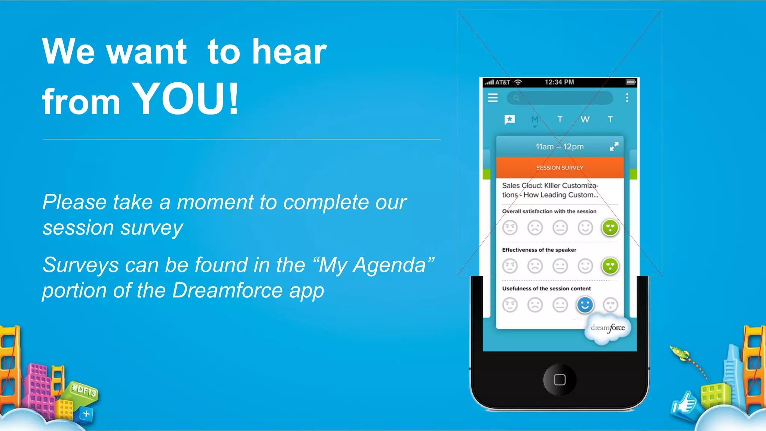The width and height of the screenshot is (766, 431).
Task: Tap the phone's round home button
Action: tap(560, 380)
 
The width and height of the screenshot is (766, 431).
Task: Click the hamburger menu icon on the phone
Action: tap(493, 98)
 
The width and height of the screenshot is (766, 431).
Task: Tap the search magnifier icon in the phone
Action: tap(516, 98)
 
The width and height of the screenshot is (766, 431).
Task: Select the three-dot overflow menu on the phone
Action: tap(627, 98)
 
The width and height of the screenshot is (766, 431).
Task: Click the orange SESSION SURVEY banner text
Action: tap(560, 168)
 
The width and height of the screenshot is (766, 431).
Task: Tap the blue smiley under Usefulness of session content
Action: tap(585, 305)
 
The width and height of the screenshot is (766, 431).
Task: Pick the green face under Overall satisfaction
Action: tap(610, 227)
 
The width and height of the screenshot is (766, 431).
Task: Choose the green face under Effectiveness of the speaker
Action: tap(610, 266)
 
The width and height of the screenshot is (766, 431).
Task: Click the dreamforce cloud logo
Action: tap(608, 328)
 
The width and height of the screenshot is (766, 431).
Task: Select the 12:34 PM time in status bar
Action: tap(559, 82)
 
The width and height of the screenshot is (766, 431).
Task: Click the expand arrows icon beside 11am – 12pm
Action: tap(614, 146)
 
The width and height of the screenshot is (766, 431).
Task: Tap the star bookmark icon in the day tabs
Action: tap(510, 119)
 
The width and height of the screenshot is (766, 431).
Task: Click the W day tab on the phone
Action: tap(585, 119)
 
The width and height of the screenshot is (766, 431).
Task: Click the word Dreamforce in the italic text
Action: tap(227, 290)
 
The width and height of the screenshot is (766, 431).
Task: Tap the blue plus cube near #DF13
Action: tap(86, 414)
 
